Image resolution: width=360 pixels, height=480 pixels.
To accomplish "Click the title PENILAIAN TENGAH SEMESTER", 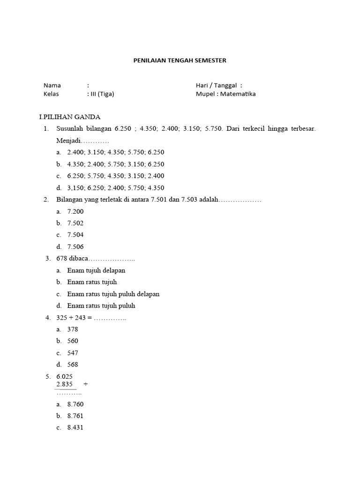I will (180, 60).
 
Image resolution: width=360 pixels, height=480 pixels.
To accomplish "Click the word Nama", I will (52, 85).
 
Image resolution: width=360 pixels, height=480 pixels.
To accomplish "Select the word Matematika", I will (238, 94).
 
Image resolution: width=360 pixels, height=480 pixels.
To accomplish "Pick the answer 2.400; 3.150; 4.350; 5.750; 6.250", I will (116, 152).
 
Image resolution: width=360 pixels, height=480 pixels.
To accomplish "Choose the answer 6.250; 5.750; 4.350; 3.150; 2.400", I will (116, 176).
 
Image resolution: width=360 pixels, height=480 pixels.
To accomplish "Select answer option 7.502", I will (75, 223).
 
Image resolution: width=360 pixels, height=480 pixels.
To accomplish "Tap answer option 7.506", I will (75, 247).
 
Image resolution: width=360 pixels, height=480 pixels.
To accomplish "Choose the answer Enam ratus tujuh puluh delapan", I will (113, 294).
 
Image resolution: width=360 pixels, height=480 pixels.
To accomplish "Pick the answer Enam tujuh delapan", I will (96, 270).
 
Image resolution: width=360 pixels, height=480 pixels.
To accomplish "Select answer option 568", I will (73, 364).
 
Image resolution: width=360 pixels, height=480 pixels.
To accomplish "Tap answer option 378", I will (73, 330).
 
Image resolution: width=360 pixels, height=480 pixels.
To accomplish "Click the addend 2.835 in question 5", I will (64, 384).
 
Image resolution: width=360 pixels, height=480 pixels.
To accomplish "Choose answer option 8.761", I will (75, 416).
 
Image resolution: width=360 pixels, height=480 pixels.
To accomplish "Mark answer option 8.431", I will (75, 427).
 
